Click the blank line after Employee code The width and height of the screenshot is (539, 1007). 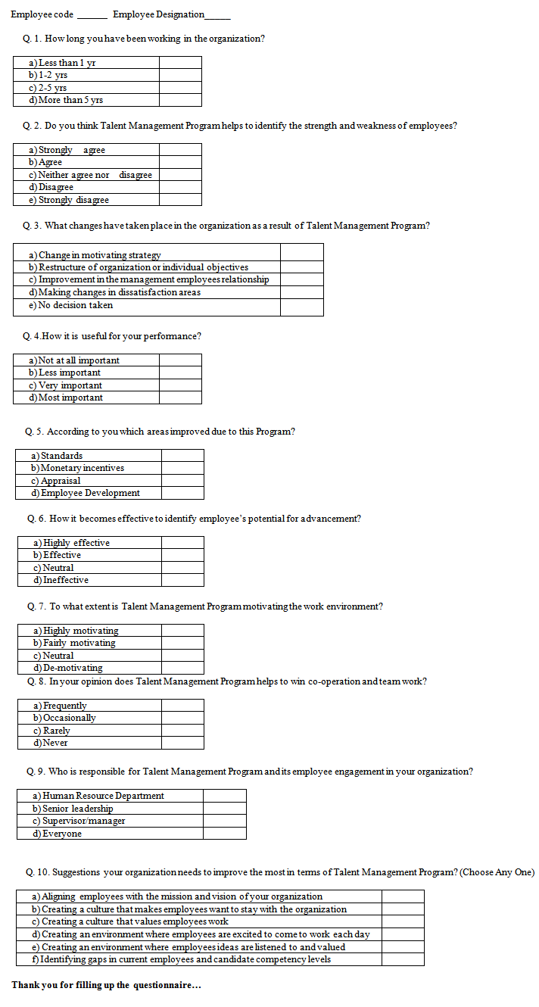tap(92, 16)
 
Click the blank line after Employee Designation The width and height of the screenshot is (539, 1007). tap(218, 16)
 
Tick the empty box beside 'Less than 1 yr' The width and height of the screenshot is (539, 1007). tap(180, 63)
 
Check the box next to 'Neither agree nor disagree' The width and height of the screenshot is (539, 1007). tap(180, 175)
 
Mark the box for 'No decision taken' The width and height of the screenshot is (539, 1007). tap(301, 306)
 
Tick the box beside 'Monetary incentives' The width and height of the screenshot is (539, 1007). tap(182, 468)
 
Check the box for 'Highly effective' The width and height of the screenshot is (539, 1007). tap(182, 543)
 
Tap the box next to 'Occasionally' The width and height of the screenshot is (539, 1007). tap(182, 718)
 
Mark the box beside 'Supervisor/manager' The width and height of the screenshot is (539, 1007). tap(224, 821)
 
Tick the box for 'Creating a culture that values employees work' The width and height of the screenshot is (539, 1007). tap(403, 921)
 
